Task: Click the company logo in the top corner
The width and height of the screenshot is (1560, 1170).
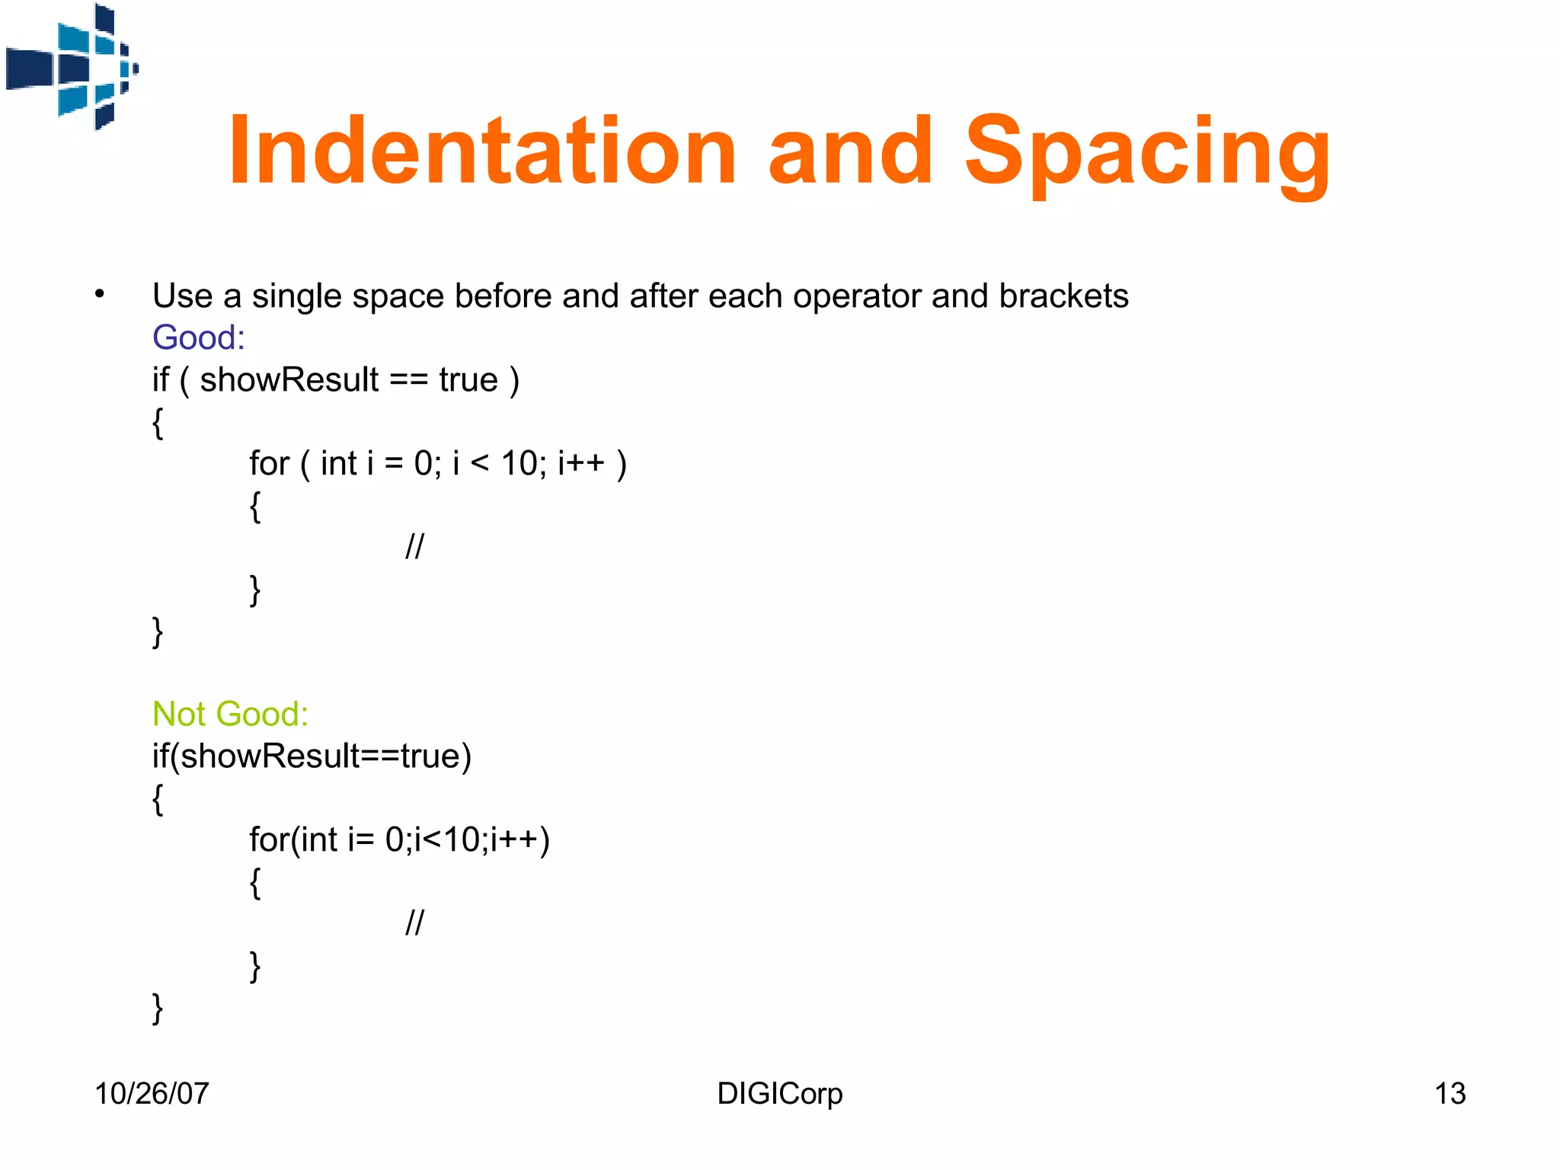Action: coord(72,67)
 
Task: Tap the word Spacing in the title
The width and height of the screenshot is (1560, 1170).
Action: coord(1147,151)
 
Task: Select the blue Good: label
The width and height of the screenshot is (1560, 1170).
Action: coord(199,337)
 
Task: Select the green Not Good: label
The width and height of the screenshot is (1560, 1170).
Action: coord(230,714)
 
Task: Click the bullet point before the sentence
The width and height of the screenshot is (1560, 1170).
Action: coord(100,295)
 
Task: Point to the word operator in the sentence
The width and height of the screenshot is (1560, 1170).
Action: coord(856,296)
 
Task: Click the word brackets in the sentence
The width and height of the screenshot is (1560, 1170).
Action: coord(1063,296)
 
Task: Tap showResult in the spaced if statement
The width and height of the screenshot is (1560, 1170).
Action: coord(289,379)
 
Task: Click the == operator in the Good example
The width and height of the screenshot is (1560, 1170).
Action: coord(408,380)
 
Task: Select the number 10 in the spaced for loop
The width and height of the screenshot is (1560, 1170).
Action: coord(519,463)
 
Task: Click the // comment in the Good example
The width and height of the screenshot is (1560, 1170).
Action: coord(414,546)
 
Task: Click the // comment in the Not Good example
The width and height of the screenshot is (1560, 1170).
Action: coord(414,922)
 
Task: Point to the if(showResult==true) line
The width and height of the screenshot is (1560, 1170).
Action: coord(312,756)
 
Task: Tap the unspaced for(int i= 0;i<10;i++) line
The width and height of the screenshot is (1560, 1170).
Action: coord(399,839)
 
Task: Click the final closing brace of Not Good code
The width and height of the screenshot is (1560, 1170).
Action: coord(158,1008)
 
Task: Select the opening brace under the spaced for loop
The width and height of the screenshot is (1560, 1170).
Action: coord(255,506)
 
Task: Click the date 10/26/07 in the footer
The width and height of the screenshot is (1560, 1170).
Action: coord(152,1093)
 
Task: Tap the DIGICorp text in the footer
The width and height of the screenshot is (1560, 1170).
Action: coord(779,1093)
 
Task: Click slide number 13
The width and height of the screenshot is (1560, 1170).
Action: coord(1450,1093)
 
